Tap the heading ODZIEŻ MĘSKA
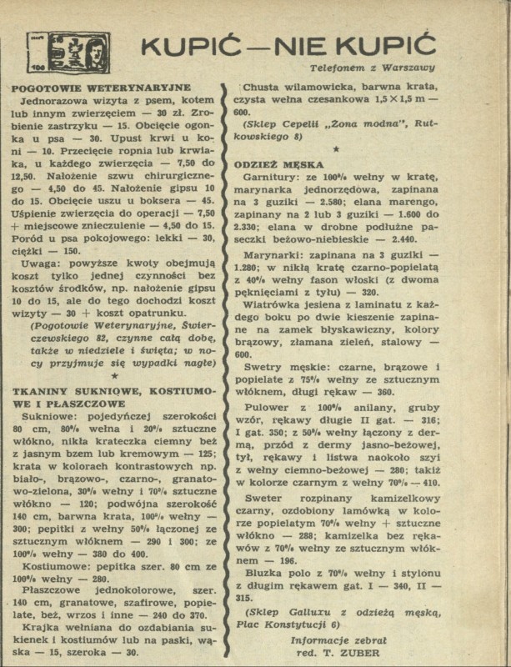[x=282, y=165]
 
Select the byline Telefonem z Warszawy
[x=372, y=67]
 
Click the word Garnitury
[x=276, y=178]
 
